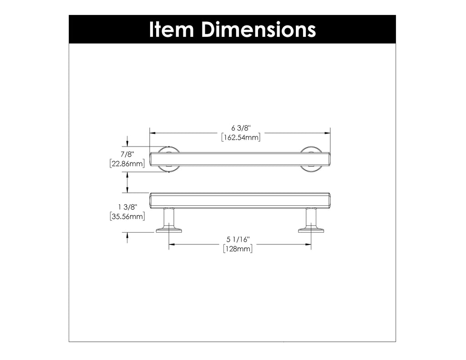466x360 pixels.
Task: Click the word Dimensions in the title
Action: pyautogui.click(x=258, y=30)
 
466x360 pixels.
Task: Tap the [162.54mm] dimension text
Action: pyautogui.click(x=240, y=137)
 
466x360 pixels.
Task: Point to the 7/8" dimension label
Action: pyautogui.click(x=127, y=155)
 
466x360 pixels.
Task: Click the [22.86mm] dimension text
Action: pyautogui.click(x=127, y=163)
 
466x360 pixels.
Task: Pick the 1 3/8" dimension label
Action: pyautogui.click(x=127, y=208)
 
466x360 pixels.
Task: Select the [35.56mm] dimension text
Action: pyautogui.click(x=127, y=217)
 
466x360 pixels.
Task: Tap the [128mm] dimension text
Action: pyautogui.click(x=238, y=249)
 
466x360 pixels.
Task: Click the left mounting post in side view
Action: pyautogui.click(x=169, y=219)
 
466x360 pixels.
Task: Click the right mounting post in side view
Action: pyautogui.click(x=311, y=219)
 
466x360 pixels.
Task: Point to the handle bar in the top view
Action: pyautogui.click(x=240, y=159)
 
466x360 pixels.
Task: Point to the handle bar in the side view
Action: pyautogui.click(x=240, y=201)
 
